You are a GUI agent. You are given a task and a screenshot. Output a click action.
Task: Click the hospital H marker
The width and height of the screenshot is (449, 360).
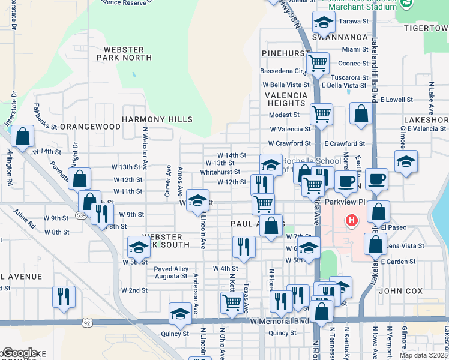coord(351,221)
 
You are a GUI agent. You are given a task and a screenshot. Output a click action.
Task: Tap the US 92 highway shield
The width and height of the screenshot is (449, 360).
coord(88,323)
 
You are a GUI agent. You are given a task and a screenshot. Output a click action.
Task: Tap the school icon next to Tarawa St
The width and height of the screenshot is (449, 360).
coord(323,22)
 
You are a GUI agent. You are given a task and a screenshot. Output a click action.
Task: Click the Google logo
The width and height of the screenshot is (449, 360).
coord(19,353)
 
